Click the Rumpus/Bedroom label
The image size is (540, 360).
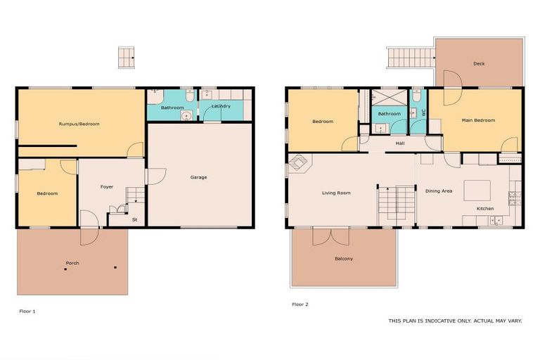pyautogui.click(x=79, y=124)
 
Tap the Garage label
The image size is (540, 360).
pyautogui.click(x=198, y=177)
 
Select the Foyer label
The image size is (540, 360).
pyautogui.click(x=107, y=186)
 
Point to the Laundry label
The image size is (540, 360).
pyautogui.click(x=221, y=106)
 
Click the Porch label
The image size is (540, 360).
pyautogui.click(x=72, y=263)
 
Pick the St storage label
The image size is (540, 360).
pyautogui.click(x=135, y=219)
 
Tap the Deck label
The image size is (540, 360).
pyautogui.click(x=479, y=64)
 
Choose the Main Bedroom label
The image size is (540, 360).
pyautogui.click(x=478, y=120)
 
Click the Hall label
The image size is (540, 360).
pyautogui.click(x=400, y=143)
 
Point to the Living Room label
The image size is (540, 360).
pyautogui.click(x=336, y=193)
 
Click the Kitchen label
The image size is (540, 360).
pyautogui.click(x=485, y=209)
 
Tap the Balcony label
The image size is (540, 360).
pyautogui.click(x=344, y=259)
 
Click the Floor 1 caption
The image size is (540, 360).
pyautogui.click(x=27, y=311)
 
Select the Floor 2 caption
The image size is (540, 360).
pyautogui.click(x=300, y=304)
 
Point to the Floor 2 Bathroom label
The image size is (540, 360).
pyautogui.click(x=390, y=113)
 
